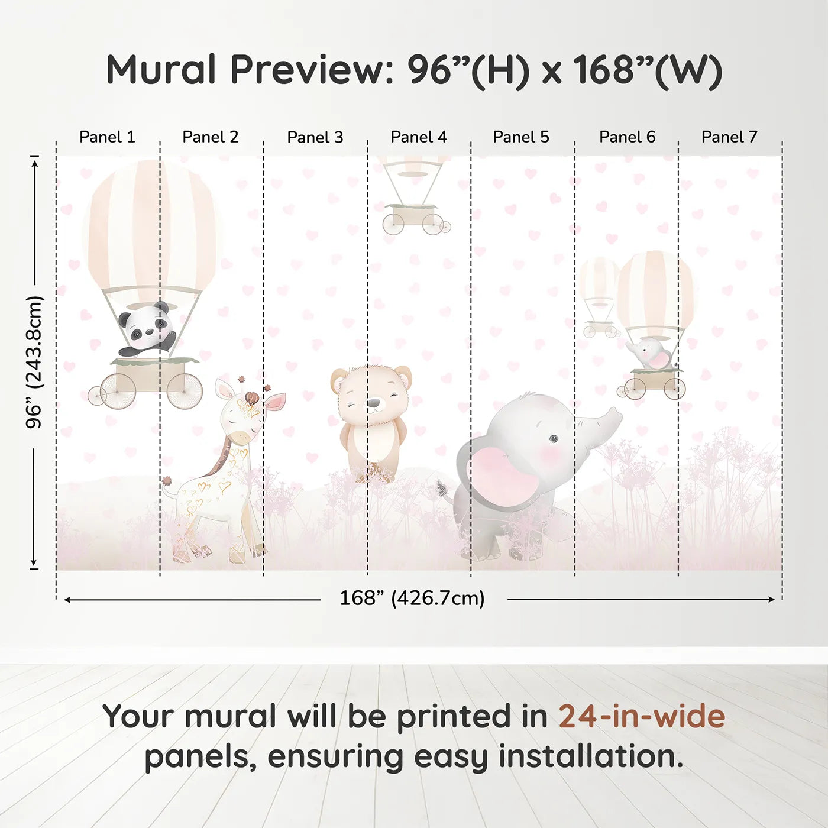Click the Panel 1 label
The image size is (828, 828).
[x=107, y=137]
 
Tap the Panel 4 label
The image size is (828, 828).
[x=419, y=137]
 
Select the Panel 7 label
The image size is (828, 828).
[x=729, y=137]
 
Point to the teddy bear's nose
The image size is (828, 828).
[x=373, y=404]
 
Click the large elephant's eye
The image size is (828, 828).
[x=553, y=438]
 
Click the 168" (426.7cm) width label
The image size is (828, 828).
[x=412, y=599]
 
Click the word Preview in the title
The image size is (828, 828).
[x=308, y=70]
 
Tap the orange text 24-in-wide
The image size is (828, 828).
[x=642, y=716]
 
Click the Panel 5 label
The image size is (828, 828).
[x=521, y=137]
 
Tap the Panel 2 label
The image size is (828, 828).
[x=211, y=137]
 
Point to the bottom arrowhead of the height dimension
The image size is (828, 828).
[x=34, y=562]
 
